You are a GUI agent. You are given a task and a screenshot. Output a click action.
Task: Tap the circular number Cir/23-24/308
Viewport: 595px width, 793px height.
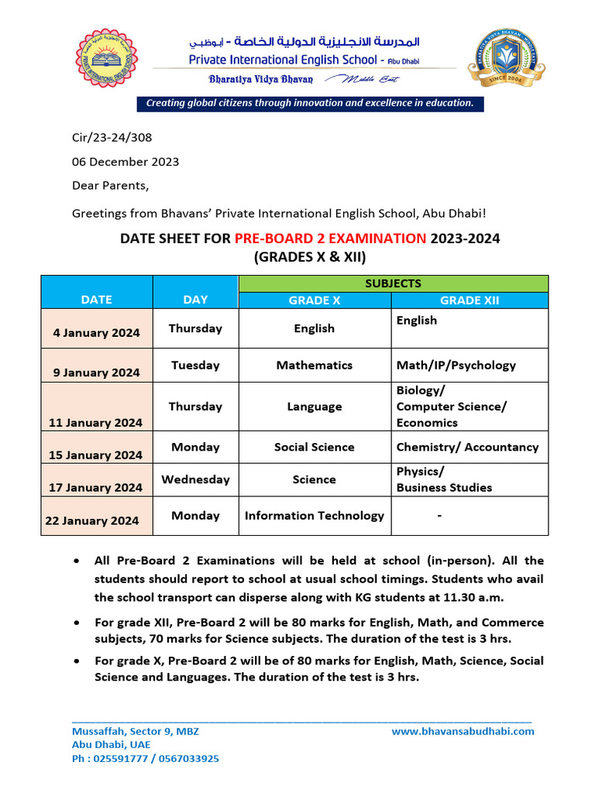point(112,138)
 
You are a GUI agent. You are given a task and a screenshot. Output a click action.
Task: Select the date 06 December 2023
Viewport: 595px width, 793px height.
point(126,162)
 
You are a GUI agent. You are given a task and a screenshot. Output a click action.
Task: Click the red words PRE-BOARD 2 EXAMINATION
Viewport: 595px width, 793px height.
point(330,238)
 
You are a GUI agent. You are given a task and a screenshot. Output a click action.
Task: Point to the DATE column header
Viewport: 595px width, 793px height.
point(96,299)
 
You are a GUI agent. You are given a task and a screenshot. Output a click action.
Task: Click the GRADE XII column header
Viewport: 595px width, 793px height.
point(469,300)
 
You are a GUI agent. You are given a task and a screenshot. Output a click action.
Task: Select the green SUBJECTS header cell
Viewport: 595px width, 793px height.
point(393,283)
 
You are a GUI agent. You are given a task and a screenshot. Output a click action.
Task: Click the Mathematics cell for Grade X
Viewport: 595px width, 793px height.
point(314,365)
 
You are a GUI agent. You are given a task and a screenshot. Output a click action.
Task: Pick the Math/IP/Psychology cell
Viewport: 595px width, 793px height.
point(456,365)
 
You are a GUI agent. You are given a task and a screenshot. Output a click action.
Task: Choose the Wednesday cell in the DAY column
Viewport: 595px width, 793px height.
point(195,479)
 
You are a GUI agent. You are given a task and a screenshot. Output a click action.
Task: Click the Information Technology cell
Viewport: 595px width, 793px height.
point(314,515)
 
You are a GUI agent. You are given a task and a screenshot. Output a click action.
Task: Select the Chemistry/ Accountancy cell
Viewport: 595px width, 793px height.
point(467,447)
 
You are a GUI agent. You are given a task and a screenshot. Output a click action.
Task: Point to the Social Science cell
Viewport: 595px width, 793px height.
point(314,447)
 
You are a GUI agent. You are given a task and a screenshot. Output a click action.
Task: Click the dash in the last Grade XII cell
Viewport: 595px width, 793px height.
point(439,515)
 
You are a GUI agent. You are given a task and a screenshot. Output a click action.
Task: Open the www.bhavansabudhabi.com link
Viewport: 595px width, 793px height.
point(463,731)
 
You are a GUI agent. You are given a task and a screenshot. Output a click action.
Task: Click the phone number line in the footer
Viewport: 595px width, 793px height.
point(145,759)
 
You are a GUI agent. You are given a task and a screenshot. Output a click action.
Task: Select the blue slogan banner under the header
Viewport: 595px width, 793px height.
point(310,103)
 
